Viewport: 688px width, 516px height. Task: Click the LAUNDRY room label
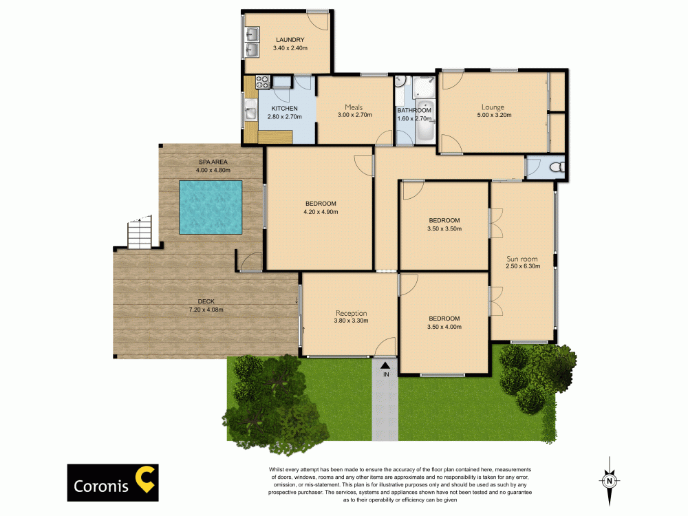pos(290,40)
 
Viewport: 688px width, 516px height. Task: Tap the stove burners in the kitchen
pos(263,83)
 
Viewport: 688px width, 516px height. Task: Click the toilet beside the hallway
pos(557,166)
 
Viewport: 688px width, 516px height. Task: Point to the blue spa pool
pos(210,206)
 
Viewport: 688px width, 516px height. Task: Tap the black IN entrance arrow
pos(385,365)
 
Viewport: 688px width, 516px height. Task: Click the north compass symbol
pos(609,480)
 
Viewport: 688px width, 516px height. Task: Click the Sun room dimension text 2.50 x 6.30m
pos(523,266)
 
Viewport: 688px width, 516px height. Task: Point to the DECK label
pos(206,301)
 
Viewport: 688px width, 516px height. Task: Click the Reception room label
pos(352,313)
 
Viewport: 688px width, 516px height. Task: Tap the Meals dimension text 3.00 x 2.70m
pos(354,115)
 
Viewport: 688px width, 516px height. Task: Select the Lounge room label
pos(493,107)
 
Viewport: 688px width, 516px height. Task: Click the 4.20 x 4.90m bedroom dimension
pos(321,212)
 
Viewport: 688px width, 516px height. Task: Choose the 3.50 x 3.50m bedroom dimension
pos(444,229)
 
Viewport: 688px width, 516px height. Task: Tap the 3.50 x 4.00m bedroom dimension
pos(444,327)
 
